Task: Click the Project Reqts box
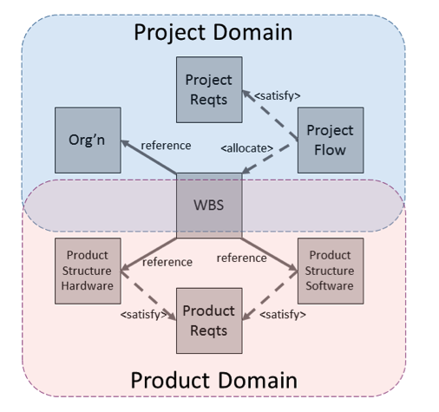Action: click(x=209, y=89)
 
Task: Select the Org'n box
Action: click(x=88, y=141)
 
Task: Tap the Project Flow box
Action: click(x=331, y=141)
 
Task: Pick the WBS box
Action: click(x=209, y=206)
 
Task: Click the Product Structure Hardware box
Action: click(x=88, y=271)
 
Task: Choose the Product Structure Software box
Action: click(x=331, y=271)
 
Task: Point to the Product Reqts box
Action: click(x=209, y=321)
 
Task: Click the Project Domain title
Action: click(x=213, y=32)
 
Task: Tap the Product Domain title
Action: click(x=214, y=381)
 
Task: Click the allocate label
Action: click(x=247, y=148)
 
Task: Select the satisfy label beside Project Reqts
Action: click(x=278, y=95)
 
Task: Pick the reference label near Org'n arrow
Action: click(x=166, y=146)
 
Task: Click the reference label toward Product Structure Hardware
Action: click(x=167, y=262)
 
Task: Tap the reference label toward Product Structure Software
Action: click(x=242, y=258)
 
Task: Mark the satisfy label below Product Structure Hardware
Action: click(x=144, y=315)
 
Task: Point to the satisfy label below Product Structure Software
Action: click(x=283, y=315)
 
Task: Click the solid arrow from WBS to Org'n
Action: click(x=148, y=157)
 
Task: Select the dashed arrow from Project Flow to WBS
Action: click(x=265, y=159)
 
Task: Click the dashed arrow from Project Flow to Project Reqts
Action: click(x=270, y=115)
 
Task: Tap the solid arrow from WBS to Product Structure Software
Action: click(x=270, y=255)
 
